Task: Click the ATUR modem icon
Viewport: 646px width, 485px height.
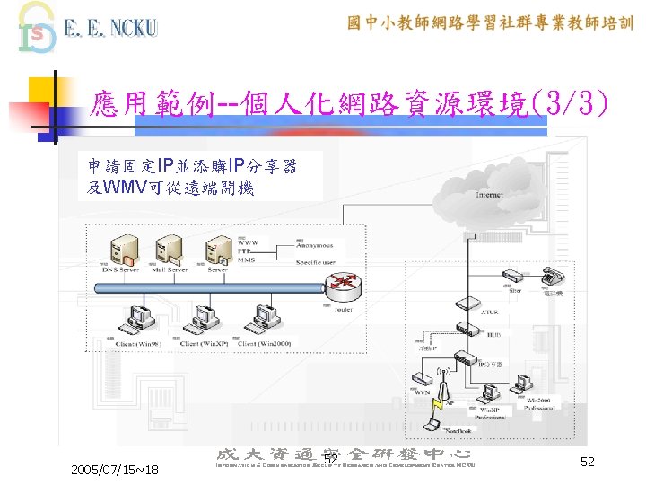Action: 463,303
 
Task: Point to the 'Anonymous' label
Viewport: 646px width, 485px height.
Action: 316,243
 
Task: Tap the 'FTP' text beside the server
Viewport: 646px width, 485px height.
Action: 245,251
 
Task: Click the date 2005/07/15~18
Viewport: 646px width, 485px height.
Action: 116,470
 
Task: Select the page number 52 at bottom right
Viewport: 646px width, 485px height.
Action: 588,461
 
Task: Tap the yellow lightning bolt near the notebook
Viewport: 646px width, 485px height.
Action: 437,419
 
